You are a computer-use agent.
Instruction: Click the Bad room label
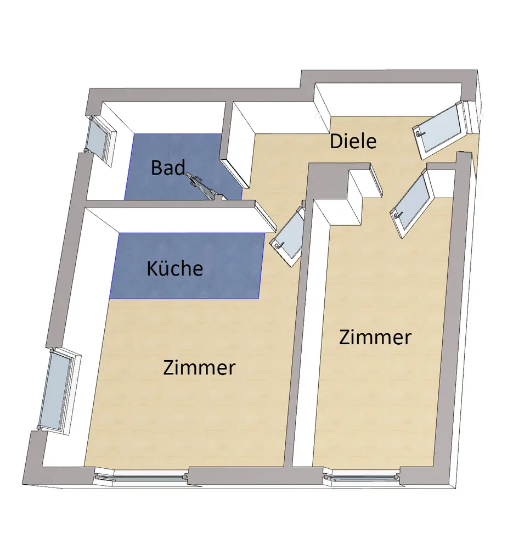click(168, 167)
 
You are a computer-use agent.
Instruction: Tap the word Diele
click(353, 141)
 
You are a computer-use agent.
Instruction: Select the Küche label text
click(175, 268)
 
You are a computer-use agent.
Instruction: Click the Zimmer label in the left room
click(199, 367)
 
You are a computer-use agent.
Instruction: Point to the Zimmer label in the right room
click(375, 337)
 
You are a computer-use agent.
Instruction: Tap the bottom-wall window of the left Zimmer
click(142, 475)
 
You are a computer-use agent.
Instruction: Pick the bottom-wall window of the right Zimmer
click(362, 477)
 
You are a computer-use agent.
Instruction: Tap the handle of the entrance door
click(419, 133)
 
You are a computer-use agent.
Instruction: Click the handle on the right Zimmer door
click(395, 214)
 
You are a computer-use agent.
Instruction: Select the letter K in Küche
click(152, 268)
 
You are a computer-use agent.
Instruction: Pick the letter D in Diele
click(335, 141)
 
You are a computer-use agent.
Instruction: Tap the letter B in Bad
click(156, 167)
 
